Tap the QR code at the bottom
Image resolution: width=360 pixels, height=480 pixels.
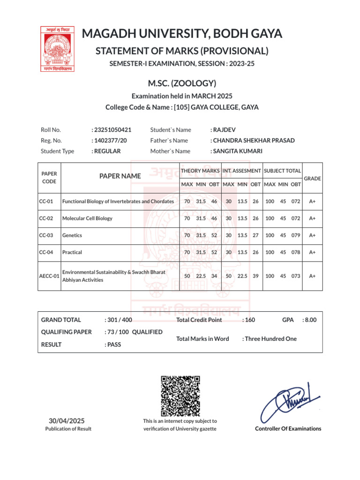click(180, 396)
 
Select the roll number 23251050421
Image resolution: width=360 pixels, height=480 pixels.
click(112, 130)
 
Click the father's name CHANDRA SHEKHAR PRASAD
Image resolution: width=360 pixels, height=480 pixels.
click(254, 141)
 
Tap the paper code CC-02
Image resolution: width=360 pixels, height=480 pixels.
click(46, 218)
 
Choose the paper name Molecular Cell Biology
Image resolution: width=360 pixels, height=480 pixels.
click(87, 218)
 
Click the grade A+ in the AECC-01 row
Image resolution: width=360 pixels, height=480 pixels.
click(312, 276)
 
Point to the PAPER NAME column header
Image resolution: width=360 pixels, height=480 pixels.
click(120, 176)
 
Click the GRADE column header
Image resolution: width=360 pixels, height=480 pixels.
click(313, 179)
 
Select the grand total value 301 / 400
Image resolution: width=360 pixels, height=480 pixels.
click(120, 320)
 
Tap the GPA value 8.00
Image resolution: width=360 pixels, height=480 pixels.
click(310, 320)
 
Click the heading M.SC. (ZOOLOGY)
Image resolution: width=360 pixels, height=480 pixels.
click(182, 83)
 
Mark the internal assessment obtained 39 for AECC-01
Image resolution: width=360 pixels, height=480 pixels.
click(255, 276)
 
